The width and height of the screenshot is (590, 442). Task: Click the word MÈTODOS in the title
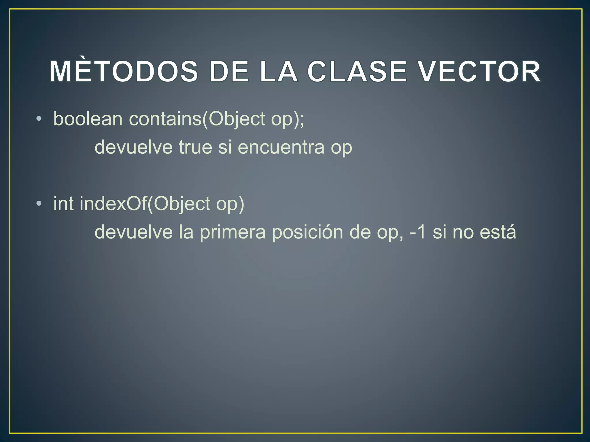124,72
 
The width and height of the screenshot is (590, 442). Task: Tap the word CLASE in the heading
357,72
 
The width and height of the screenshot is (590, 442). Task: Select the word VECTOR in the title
479,72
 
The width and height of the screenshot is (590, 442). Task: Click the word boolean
88,119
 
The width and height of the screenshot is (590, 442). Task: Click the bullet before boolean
39,119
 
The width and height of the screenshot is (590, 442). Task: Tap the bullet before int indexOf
39,204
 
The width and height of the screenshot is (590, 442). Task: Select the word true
196,147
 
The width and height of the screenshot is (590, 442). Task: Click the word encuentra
281,147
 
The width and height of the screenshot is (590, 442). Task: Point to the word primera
232,232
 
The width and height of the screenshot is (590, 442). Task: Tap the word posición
307,232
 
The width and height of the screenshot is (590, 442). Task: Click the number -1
417,232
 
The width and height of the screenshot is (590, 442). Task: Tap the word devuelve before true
133,147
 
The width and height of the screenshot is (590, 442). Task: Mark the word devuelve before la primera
133,232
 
